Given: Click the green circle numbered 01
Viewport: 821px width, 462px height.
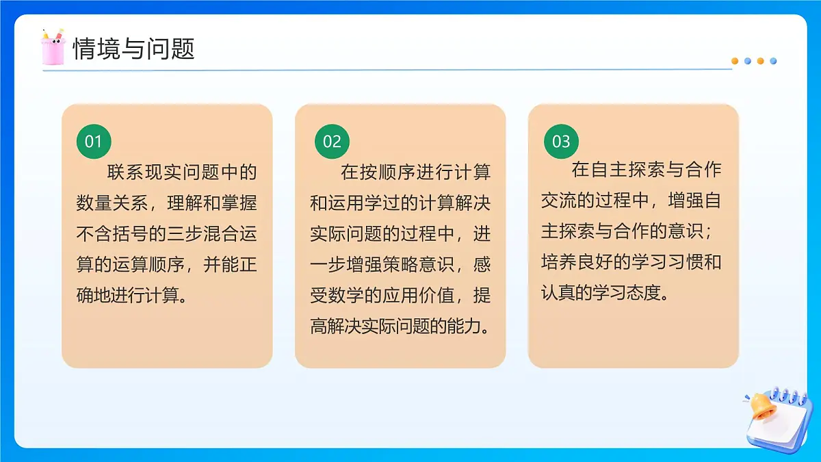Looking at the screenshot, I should [93, 142].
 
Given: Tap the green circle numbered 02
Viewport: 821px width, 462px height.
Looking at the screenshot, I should [332, 142].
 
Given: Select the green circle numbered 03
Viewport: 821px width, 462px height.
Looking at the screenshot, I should [561, 142].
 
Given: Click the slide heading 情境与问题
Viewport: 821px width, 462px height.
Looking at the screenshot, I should [134, 49].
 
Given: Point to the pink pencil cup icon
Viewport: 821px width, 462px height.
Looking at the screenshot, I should [53, 47].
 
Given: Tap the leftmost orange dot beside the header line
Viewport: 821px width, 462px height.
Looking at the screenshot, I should [735, 61].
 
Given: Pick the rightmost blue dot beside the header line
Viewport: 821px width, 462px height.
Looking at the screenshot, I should [773, 61].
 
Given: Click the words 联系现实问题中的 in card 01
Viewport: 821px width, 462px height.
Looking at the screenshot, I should [181, 171].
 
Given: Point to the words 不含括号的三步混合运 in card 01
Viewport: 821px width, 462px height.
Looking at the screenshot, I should [166, 233].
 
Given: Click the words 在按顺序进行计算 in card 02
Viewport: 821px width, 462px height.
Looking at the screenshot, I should [415, 171].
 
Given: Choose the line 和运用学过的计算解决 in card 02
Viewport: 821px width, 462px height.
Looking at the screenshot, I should [400, 203].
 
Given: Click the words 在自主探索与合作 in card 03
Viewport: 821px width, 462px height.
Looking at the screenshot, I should [647, 169].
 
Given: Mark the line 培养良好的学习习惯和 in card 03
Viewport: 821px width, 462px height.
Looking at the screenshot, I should [631, 262].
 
